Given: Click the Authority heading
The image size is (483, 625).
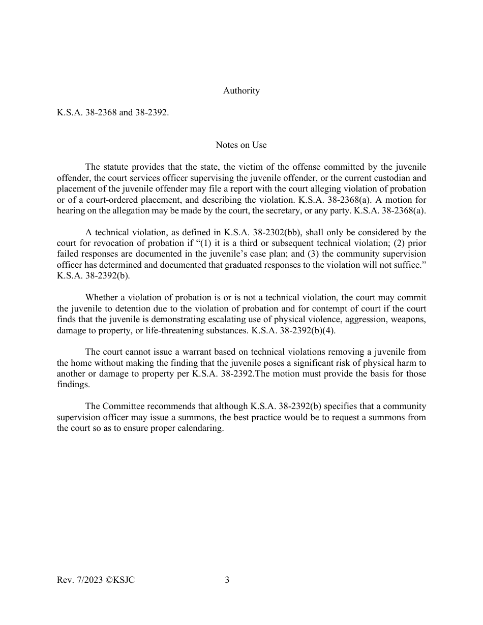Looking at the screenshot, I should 241,91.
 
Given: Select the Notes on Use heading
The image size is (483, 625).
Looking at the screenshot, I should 241,145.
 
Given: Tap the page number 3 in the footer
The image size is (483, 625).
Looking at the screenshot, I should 227,580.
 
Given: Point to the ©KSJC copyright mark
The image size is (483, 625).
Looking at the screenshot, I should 118,580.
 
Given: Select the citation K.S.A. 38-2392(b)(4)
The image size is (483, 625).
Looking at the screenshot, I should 290,330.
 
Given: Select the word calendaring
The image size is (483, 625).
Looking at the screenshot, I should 198,428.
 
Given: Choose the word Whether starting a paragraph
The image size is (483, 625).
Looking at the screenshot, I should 102,297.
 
